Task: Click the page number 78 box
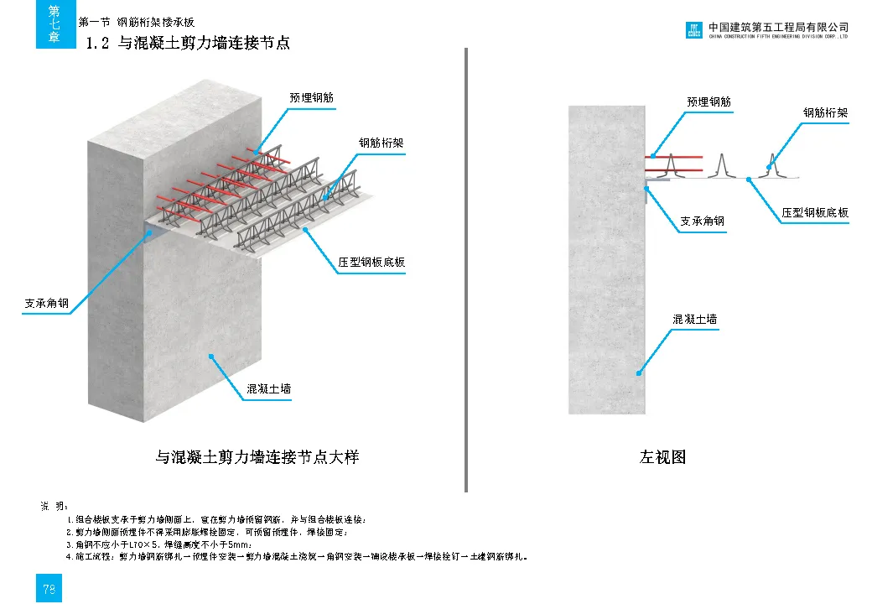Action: pyautogui.click(x=49, y=589)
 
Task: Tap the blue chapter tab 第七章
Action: pyautogui.click(x=54, y=24)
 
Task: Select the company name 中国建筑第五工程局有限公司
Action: pyautogui.click(x=778, y=27)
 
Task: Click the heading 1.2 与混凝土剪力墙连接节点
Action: pyautogui.click(x=188, y=43)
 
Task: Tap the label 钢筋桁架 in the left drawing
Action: pyautogui.click(x=381, y=143)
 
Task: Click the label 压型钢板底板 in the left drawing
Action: pyautogui.click(x=371, y=262)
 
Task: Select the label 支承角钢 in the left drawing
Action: pyautogui.click(x=46, y=303)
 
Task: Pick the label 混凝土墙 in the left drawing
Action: pyautogui.click(x=269, y=389)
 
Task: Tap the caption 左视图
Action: pyautogui.click(x=662, y=457)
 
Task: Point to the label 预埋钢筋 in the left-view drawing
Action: pyautogui.click(x=708, y=102)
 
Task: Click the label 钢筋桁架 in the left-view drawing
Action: pyautogui.click(x=826, y=112)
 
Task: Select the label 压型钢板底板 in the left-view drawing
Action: pyautogui.click(x=815, y=212)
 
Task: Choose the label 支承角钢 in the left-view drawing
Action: pyautogui.click(x=702, y=221)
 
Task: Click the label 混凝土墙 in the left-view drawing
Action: pyautogui.click(x=695, y=320)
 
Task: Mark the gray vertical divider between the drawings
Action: pyautogui.click(x=465, y=268)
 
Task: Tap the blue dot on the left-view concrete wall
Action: pyautogui.click(x=638, y=372)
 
